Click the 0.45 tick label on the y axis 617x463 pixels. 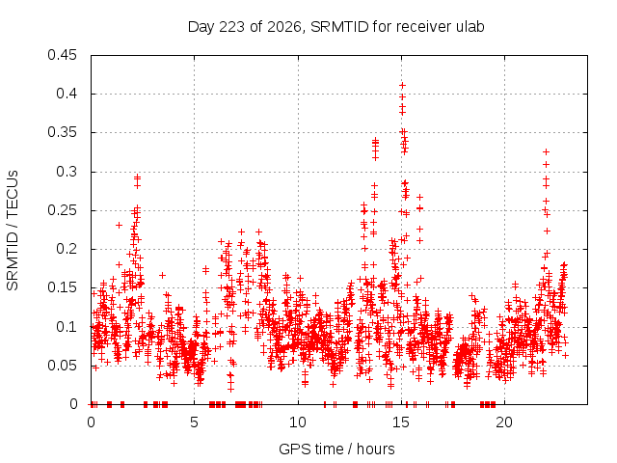(62, 55)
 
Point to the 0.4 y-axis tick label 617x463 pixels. (67, 94)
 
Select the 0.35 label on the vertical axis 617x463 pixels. (62, 132)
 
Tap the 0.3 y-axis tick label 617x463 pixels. (67, 172)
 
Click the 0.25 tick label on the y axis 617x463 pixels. (62, 210)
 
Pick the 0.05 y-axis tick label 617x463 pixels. (62, 366)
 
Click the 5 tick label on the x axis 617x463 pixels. (194, 422)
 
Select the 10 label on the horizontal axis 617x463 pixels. (298, 422)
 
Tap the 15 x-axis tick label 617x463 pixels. (401, 422)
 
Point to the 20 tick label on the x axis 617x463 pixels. (504, 422)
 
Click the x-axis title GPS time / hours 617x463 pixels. (336, 449)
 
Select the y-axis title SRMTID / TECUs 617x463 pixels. (13, 231)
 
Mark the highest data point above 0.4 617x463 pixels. (402, 86)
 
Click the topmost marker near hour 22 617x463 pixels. (546, 152)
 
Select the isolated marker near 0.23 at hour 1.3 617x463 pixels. (119, 225)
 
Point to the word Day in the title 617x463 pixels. (201, 27)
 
